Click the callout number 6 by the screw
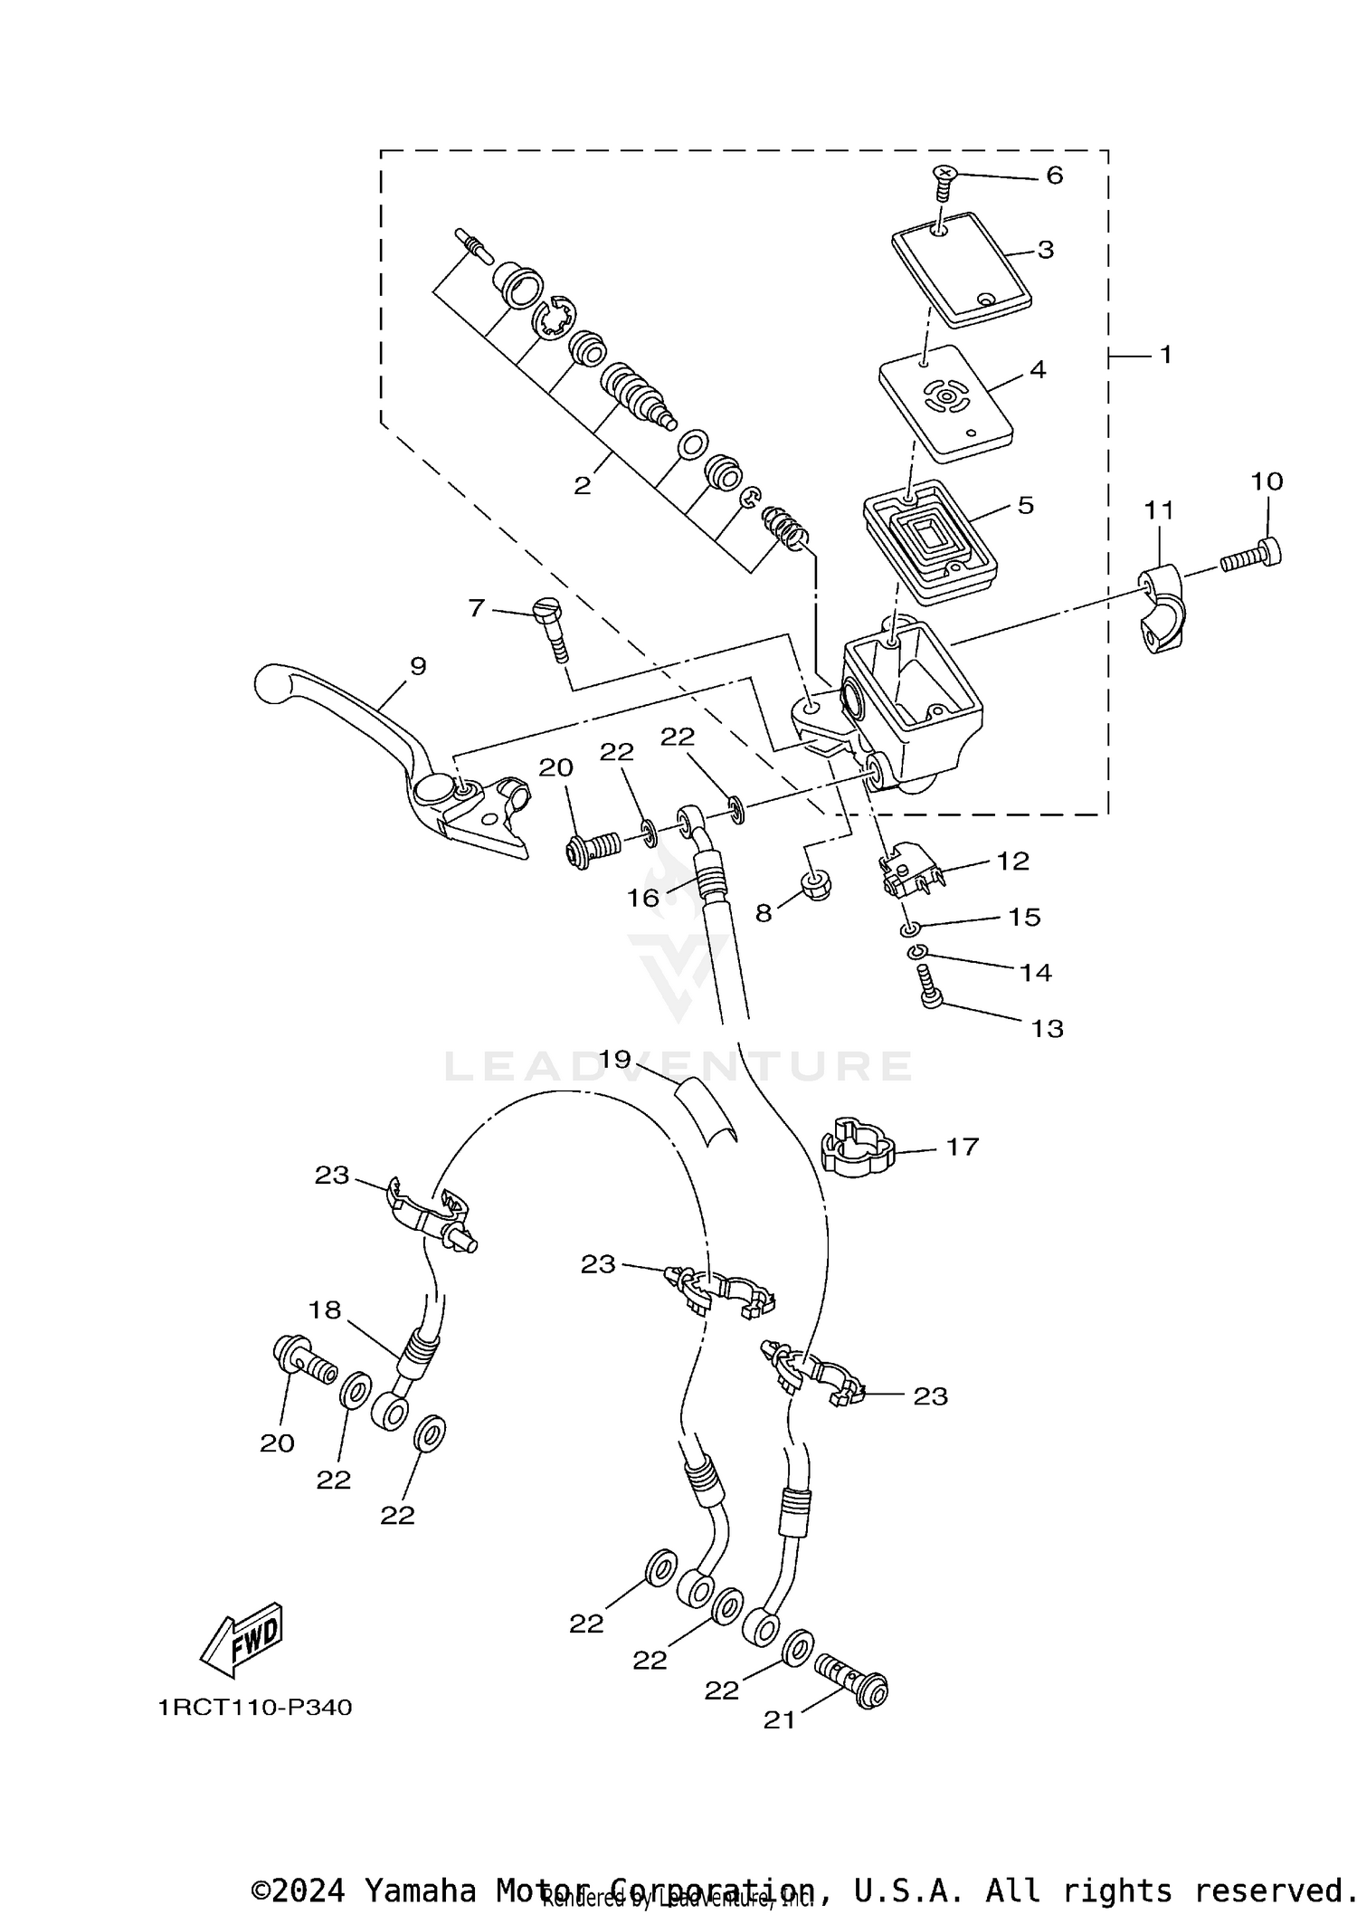click(1054, 176)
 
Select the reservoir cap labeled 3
click(961, 270)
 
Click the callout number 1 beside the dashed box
click(1165, 355)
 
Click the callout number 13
click(1047, 1029)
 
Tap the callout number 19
click(614, 1059)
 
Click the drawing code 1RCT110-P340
click(254, 1708)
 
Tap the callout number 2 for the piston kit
click(582, 486)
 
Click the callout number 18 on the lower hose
click(325, 1310)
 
